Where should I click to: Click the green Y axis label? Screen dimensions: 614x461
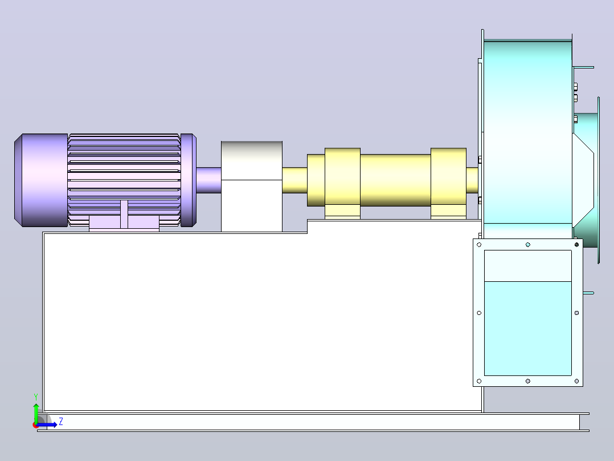click(36, 397)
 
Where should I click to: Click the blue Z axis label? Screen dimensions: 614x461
click(61, 422)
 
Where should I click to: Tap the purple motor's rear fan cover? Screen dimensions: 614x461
click(41, 180)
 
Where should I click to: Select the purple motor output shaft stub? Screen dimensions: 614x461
click(208, 180)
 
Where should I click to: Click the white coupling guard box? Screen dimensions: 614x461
click(252, 187)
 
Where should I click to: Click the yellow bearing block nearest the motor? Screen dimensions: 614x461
click(343, 183)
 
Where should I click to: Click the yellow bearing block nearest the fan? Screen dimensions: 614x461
click(448, 183)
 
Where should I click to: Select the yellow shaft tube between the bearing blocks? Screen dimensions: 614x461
click(395, 180)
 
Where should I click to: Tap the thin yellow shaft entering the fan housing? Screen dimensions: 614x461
click(472, 180)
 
